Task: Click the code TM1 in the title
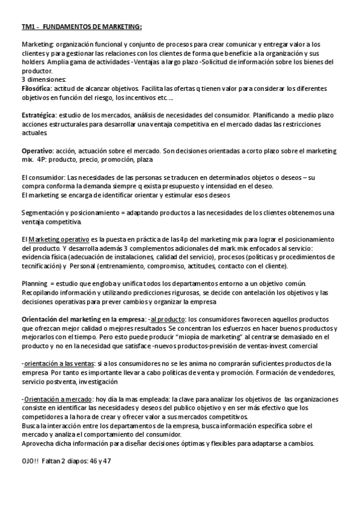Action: coord(28,26)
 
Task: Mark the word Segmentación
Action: coord(45,212)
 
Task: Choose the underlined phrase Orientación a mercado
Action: coord(59,399)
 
